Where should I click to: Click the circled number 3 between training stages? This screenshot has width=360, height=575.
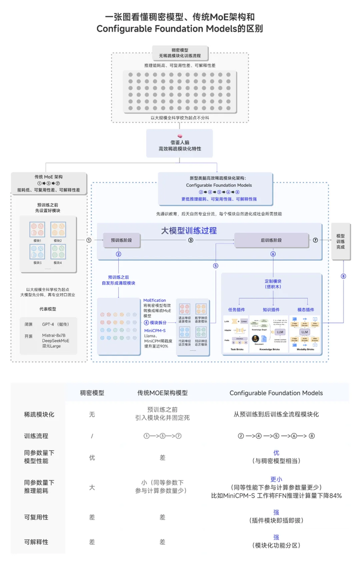191,240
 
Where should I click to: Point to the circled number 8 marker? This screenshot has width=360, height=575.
343,276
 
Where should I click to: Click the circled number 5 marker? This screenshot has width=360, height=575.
215,266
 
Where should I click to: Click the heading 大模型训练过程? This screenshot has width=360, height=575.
189,230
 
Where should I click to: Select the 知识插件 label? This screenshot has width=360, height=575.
271,310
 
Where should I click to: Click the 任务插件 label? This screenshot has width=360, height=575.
237,310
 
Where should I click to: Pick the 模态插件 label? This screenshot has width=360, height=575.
305,310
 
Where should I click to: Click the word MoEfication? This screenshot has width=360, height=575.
155,301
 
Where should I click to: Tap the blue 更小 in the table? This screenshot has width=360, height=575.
276,479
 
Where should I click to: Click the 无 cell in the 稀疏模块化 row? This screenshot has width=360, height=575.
92,414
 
